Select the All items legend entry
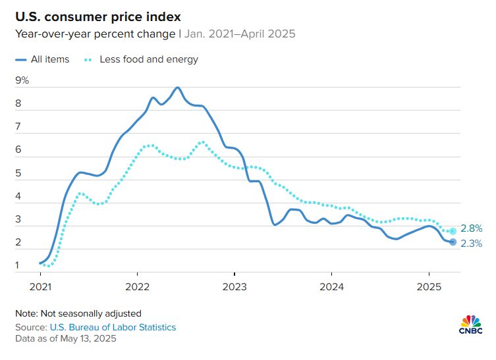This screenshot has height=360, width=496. pyautogui.click(x=43, y=59)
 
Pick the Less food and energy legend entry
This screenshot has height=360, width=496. pyautogui.click(x=140, y=59)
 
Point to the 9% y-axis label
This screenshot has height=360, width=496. pyautogui.click(x=22, y=80)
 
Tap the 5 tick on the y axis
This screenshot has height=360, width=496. pyautogui.click(x=18, y=173)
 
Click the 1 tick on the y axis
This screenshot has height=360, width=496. pyautogui.click(x=18, y=266)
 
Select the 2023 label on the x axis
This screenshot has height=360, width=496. pyautogui.click(x=234, y=286)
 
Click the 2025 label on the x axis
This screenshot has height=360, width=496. pyautogui.click(x=429, y=286)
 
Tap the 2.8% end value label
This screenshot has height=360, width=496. pyautogui.click(x=472, y=228)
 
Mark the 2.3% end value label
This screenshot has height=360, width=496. pyautogui.click(x=472, y=244)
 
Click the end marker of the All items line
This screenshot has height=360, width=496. pyautogui.click(x=453, y=242)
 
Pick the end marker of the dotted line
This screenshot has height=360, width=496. pyautogui.click(x=453, y=231)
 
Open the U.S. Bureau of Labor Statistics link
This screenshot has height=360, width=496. pyautogui.click(x=113, y=327)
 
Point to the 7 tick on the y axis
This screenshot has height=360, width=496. pyautogui.click(x=18, y=127)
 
